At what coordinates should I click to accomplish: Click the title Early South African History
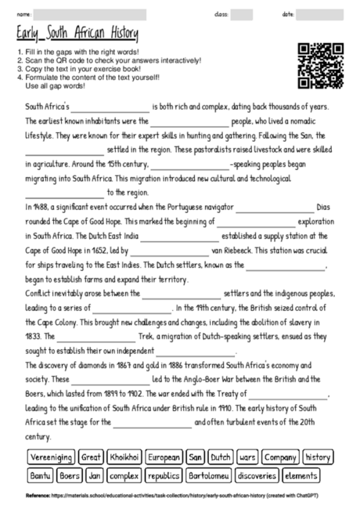click(76, 34)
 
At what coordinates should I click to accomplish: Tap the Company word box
click(279, 457)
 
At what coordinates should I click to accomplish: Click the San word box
click(196, 457)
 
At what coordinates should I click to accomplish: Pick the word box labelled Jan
click(95, 475)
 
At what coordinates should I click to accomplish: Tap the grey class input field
click(241, 14)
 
